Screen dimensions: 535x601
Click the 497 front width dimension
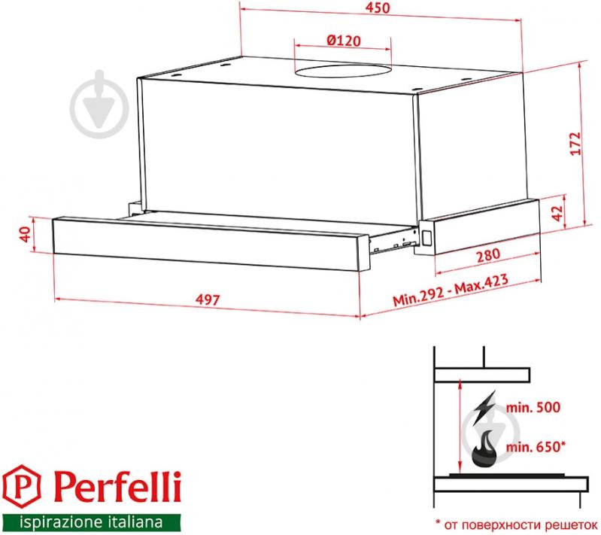pyautogui.click(x=208, y=299)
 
